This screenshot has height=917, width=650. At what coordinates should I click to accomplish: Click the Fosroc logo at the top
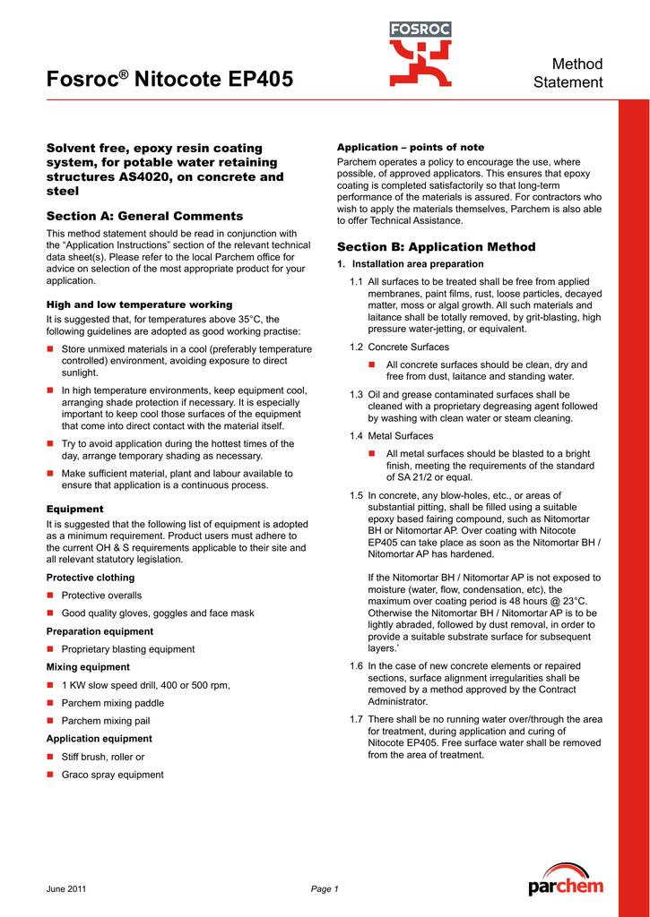(x=420, y=54)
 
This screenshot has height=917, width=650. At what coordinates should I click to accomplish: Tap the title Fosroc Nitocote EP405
(x=169, y=80)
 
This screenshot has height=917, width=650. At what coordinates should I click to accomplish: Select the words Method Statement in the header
(x=568, y=73)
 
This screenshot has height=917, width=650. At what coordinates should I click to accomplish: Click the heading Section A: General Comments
(x=144, y=216)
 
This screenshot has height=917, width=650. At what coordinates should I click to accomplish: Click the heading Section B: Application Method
(x=436, y=246)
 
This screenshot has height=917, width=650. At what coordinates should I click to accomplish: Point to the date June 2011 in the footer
(x=66, y=889)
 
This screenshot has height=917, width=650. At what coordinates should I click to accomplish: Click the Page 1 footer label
(x=325, y=889)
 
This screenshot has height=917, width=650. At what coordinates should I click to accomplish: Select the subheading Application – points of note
(x=410, y=147)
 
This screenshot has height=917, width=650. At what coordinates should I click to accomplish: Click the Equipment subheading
(x=74, y=509)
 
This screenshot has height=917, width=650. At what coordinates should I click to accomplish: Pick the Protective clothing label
(x=91, y=578)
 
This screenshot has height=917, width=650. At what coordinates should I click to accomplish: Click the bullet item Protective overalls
(x=101, y=596)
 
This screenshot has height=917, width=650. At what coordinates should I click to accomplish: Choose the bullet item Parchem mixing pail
(x=106, y=721)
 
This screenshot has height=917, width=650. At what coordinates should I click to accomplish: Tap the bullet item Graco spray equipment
(x=112, y=775)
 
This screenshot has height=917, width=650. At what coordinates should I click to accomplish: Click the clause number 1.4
(x=356, y=436)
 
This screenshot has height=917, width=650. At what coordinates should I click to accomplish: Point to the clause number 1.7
(x=356, y=719)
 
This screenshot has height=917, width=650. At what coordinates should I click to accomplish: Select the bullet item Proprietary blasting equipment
(x=127, y=649)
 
